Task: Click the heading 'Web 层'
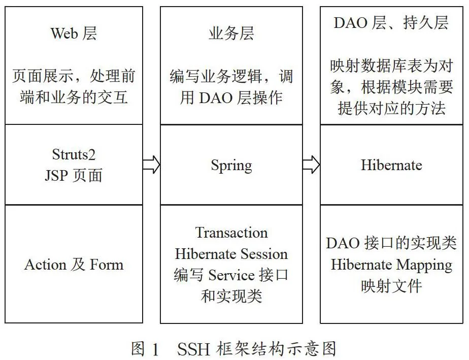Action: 74,33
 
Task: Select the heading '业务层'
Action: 231,33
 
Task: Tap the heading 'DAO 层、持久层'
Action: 391,23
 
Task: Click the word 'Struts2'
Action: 74,155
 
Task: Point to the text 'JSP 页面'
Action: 74,175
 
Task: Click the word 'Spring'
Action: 231,166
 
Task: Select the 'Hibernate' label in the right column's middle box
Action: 391,165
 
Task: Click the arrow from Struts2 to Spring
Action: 151,165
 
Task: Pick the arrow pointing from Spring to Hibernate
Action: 311,165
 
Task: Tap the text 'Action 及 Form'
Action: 74,265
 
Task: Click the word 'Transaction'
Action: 231,233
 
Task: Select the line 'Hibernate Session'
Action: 231,254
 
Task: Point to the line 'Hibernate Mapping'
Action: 391,265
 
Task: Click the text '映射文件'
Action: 391,286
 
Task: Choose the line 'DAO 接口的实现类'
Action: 391,243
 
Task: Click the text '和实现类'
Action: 231,296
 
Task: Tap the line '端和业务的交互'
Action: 74,97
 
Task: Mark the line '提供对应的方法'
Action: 391,108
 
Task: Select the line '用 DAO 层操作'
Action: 231,97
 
